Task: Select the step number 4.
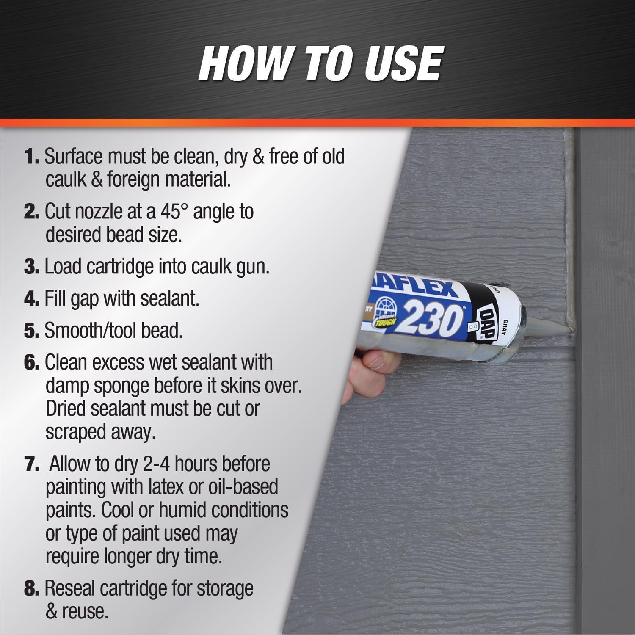point(32,299)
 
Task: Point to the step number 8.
point(32,588)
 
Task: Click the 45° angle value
point(174,211)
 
